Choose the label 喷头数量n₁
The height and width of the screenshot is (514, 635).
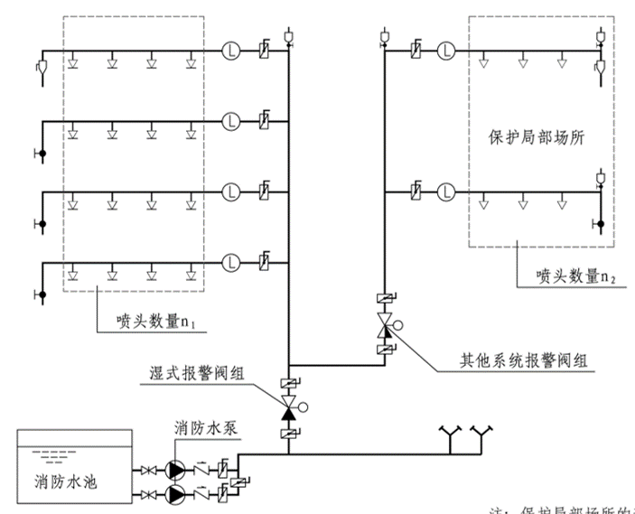pos(153,319)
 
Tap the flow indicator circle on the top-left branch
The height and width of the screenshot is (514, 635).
pos(233,51)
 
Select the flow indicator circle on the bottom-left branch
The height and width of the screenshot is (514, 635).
pos(233,262)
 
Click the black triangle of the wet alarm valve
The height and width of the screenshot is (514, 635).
pos(289,414)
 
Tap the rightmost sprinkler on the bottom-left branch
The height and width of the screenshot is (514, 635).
pos(191,274)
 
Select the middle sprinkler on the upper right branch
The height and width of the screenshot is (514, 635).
pos(523,62)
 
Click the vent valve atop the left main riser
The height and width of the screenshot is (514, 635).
pos(289,36)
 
